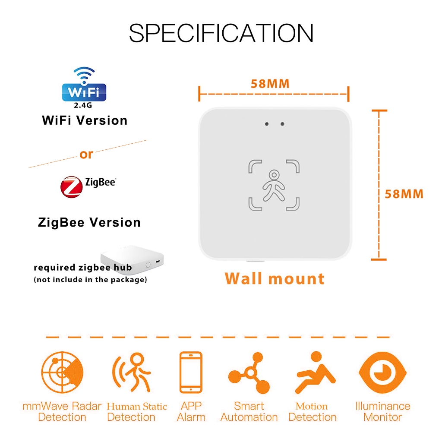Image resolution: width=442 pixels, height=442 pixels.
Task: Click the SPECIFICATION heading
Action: coord(221,33)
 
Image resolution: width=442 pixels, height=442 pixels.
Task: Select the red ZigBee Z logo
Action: coord(72,187)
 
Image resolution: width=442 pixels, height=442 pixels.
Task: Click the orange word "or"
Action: coord(86,154)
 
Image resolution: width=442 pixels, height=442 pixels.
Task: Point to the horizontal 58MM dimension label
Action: coord(270,84)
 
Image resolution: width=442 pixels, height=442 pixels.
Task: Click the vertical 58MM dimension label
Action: coord(404,194)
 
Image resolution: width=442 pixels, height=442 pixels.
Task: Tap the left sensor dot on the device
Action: coord(267,124)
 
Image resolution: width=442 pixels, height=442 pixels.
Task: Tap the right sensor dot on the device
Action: coord(282,124)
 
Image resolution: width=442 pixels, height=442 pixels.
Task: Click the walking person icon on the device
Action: coord(274,186)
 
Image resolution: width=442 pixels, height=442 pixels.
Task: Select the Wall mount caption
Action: coord(275,278)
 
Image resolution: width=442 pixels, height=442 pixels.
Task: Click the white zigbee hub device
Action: coord(132,259)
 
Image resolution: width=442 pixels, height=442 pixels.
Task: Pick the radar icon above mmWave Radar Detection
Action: coord(62,372)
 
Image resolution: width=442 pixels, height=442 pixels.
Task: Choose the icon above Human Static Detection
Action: coord(132,372)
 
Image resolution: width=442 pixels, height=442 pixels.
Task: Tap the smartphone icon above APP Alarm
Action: coord(191,372)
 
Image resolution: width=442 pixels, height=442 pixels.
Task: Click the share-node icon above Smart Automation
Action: coord(249,373)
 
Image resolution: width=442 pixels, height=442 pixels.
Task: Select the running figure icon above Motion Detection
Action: coord(315,372)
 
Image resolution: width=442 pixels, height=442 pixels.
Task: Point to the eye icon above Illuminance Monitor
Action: coord(382,372)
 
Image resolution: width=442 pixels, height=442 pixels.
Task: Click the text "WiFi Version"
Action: coord(85,120)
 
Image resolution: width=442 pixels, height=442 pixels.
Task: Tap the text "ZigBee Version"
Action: coord(89,222)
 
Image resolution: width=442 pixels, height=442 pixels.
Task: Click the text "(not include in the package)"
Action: coord(90,280)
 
